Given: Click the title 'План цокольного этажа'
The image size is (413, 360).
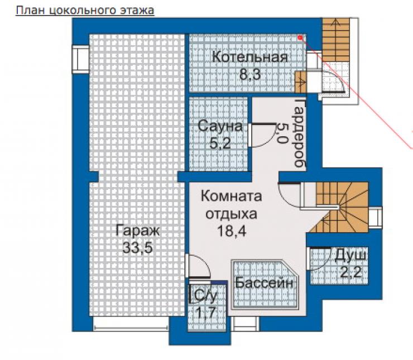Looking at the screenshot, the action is pos(85,10).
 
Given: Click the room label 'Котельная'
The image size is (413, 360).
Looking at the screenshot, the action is pos(249,57).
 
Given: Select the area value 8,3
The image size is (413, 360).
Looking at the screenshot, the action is pos(250,74).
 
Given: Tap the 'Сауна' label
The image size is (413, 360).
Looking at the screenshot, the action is pos(220,126).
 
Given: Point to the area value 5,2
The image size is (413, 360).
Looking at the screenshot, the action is pos(220,143).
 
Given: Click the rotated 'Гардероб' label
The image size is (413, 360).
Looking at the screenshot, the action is pos(300,133).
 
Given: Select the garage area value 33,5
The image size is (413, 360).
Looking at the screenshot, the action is pos(138,248).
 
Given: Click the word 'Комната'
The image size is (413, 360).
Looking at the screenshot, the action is pos(231,196).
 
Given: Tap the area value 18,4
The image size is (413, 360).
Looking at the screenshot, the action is pos(231,231).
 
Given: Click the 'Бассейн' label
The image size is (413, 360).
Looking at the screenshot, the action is pos(264,283).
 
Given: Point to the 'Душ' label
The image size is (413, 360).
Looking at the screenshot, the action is pos(350,255).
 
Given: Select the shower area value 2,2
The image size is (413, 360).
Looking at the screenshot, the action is pos(351,272).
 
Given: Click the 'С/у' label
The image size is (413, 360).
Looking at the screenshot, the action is pos(205,296).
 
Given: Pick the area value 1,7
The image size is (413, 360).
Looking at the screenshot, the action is pos(206,313).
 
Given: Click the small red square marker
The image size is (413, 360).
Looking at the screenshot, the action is pos(300,38).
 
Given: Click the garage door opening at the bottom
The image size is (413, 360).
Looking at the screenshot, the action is pos(131,324).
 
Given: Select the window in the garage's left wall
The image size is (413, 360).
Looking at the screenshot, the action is pos(80,59).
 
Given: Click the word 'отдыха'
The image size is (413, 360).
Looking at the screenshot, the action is pos(231,214).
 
